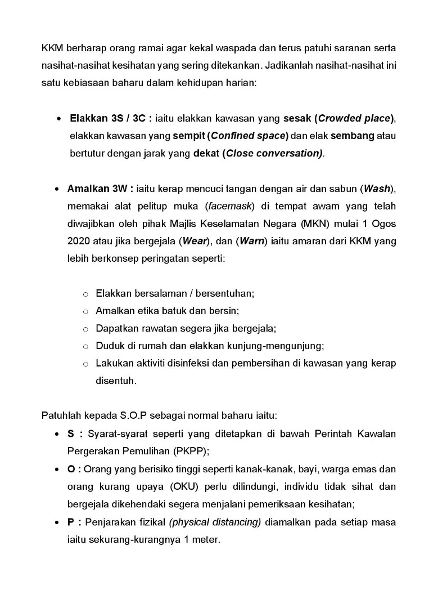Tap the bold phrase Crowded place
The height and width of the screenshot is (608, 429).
click(x=354, y=118)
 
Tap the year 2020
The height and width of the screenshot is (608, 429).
click(x=79, y=242)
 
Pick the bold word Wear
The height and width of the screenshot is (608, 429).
click(x=194, y=242)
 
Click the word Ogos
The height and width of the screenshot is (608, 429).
click(x=384, y=223)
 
